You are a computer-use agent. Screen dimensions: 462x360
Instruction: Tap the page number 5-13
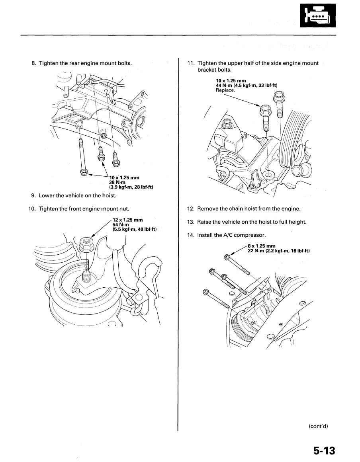324,451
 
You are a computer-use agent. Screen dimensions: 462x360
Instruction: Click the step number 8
34,63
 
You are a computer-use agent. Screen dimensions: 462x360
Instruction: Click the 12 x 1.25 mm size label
127,220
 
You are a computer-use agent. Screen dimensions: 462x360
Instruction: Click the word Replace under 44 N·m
225,90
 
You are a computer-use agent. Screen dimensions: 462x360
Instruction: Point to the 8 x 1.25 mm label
261,246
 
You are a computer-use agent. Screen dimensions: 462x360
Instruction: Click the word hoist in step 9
108,195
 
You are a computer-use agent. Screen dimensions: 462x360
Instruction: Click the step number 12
190,209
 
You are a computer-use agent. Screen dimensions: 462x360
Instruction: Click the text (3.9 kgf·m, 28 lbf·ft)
131,187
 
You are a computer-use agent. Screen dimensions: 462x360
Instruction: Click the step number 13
190,222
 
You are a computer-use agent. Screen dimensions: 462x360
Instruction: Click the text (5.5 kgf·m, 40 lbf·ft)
135,229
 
